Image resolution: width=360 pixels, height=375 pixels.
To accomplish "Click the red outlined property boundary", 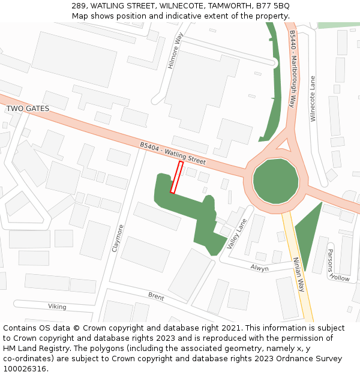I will point(176,177).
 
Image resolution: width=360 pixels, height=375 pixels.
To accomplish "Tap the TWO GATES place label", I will point(28,109).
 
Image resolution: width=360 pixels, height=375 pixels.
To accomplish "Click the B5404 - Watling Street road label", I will point(173,154).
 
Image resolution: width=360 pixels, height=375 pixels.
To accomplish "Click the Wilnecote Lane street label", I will point(312,99).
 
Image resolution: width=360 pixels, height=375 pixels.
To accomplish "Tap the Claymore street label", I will point(119,238).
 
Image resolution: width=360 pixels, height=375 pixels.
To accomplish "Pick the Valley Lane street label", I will point(237,233).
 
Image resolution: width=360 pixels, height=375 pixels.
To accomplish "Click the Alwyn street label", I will point(260,268).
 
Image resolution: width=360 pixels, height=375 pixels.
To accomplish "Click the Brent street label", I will point(156,296).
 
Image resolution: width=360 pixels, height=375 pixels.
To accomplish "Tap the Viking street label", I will point(57,307).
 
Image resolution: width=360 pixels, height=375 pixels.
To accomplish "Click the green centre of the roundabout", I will point(275,181).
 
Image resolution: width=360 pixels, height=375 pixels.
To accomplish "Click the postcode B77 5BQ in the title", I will point(272,5).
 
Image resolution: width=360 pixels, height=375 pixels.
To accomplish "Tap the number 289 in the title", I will point(78,5).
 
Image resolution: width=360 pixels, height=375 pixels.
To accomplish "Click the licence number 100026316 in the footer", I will point(25,369).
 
